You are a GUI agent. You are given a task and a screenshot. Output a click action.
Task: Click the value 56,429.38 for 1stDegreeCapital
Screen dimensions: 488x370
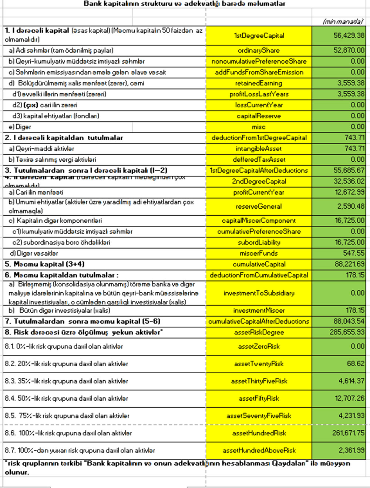click(349, 36)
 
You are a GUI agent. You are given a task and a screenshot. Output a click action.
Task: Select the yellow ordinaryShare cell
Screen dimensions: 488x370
click(259, 50)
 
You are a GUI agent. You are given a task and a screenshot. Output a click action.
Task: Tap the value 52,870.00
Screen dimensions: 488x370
click(349, 50)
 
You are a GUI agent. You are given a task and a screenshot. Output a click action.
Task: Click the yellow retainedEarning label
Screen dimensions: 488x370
click(259, 83)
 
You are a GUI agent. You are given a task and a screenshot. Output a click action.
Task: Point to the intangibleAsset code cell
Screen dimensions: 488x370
click(259, 149)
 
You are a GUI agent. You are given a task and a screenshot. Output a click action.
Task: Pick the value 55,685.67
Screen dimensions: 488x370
click(349, 171)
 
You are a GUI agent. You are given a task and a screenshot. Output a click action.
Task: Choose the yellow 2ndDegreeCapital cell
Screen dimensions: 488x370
click(259, 181)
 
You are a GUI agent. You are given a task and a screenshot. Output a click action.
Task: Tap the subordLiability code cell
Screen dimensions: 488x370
click(259, 242)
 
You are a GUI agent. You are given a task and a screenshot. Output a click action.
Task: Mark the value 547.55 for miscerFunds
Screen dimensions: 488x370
click(353, 253)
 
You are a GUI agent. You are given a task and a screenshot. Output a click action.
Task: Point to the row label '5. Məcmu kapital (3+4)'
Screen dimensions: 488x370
click(45, 264)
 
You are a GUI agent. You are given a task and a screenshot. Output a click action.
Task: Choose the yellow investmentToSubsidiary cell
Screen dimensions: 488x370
click(259, 293)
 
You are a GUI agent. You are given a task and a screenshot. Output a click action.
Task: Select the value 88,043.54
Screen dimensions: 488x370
click(349, 321)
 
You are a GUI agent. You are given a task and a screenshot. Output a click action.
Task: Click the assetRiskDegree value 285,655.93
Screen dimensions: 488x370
click(347, 332)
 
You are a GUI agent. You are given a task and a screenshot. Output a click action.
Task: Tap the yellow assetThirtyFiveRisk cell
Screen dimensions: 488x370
click(259, 381)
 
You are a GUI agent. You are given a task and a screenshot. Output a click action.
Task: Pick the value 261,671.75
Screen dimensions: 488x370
click(348, 433)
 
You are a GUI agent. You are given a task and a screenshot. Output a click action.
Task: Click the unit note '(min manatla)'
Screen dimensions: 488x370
click(343, 21)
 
